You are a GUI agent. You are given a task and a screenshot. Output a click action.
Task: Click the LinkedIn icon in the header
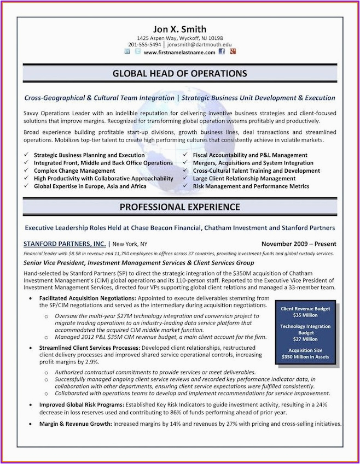pyautogui.click(x=127, y=52)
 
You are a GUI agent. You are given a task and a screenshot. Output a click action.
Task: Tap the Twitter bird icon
pyautogui.click(x=137, y=52)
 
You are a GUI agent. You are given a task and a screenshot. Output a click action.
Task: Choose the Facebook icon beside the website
pyautogui.click(x=222, y=52)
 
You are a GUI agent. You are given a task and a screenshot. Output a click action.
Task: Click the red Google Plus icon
pyautogui.click(x=233, y=52)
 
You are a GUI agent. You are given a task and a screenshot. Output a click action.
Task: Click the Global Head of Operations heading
pyautogui.click(x=180, y=73)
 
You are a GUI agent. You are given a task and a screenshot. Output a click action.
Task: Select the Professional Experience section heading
pyautogui.click(x=180, y=207)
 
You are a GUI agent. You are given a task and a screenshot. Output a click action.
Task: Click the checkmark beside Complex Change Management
pyautogui.click(x=26, y=171)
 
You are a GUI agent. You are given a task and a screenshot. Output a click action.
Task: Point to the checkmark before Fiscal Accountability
pyautogui.click(x=185, y=155)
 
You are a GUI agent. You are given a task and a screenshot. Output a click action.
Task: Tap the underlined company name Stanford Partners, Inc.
pyautogui.click(x=65, y=244)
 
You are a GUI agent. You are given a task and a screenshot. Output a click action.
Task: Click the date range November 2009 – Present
pyautogui.click(x=299, y=244)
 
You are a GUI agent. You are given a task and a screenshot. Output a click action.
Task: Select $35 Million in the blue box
pyautogui.click(x=305, y=315)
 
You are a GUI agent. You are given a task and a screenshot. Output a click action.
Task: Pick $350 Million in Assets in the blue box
pyautogui.click(x=305, y=357)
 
